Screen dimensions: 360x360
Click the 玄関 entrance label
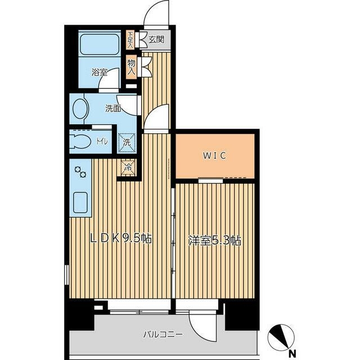(x=156, y=40)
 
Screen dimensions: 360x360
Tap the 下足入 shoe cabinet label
(x=130, y=40)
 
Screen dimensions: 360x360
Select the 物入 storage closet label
(x=131, y=67)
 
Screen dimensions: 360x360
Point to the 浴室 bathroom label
(x=100, y=73)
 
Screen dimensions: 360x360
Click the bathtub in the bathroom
(x=100, y=44)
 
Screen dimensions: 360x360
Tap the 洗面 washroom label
(x=113, y=109)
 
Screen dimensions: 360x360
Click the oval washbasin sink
(x=80, y=109)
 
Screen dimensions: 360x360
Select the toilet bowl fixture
(x=79, y=142)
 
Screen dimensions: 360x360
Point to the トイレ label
(x=102, y=141)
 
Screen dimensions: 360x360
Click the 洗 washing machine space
(x=127, y=143)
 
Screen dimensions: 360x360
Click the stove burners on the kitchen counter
(x=80, y=172)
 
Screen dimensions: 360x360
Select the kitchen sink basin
(x=80, y=202)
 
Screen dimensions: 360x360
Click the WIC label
(x=214, y=156)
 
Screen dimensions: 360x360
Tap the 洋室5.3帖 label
(x=215, y=241)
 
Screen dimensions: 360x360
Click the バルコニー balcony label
(x=163, y=334)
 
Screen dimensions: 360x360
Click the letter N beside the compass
(x=292, y=352)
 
